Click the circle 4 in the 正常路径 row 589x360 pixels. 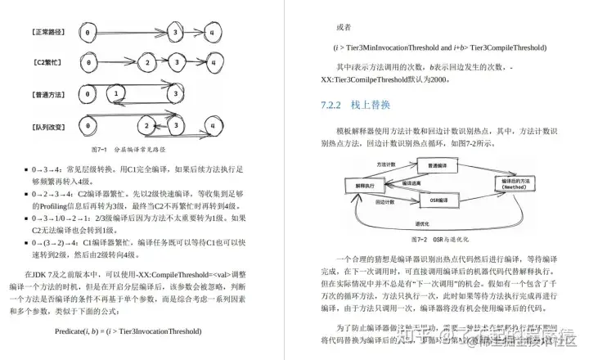pyautogui.click(x=211, y=33)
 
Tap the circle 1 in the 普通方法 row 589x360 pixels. pyautogui.click(x=118, y=94)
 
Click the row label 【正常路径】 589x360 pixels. pyautogui.click(x=50, y=33)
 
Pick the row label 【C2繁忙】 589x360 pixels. pyautogui.click(x=50, y=62)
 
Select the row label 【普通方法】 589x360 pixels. pyautogui.click(x=50, y=94)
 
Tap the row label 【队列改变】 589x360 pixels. pyautogui.click(x=50, y=126)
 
